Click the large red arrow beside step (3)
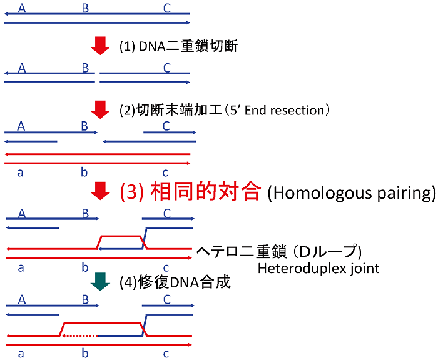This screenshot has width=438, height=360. [x=100, y=191]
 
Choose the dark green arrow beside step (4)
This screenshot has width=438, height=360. [x=100, y=282]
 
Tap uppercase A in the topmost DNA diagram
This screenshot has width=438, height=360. [x=23, y=8]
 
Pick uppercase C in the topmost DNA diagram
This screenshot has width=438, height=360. [x=166, y=8]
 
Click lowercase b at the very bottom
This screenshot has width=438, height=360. [x=85, y=354]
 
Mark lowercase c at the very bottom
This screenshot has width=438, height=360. [x=166, y=354]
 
